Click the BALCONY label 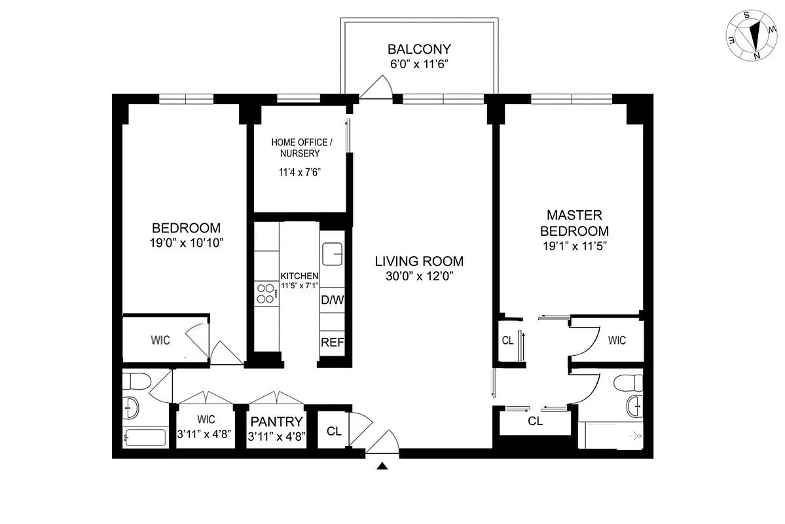419,49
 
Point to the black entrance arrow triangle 383,466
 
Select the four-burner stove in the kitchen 265,293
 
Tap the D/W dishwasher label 332,300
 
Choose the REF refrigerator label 332,342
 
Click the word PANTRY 276,422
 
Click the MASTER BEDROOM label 578,223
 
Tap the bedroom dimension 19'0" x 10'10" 186,242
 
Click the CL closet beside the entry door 334,431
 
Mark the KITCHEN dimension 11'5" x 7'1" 299,286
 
